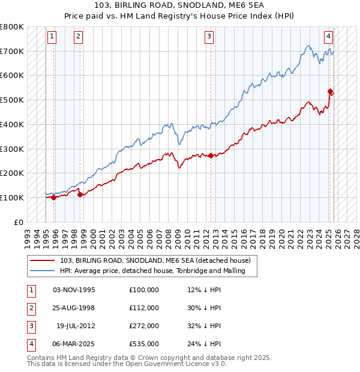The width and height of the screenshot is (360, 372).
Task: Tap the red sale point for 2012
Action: (211, 155)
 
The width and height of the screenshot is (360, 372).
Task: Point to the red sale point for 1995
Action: (54, 197)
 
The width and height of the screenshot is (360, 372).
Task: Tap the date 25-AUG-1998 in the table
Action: (74, 307)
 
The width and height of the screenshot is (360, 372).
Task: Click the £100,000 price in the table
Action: (144, 289)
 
